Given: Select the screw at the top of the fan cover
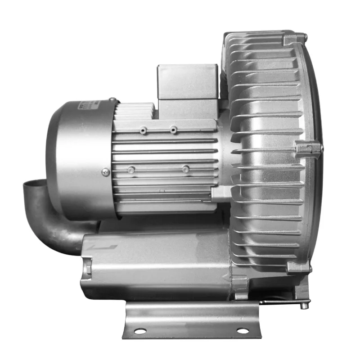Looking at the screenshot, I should click(x=112, y=100).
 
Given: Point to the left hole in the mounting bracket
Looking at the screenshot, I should click(x=140, y=331).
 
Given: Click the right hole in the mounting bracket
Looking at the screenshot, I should click(x=243, y=331).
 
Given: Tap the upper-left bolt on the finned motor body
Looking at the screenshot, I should click(x=143, y=130).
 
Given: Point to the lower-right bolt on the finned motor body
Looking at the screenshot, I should click(x=185, y=169).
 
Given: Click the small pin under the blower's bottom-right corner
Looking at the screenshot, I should click(x=304, y=306).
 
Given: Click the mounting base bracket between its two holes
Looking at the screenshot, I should click(x=191, y=320).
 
